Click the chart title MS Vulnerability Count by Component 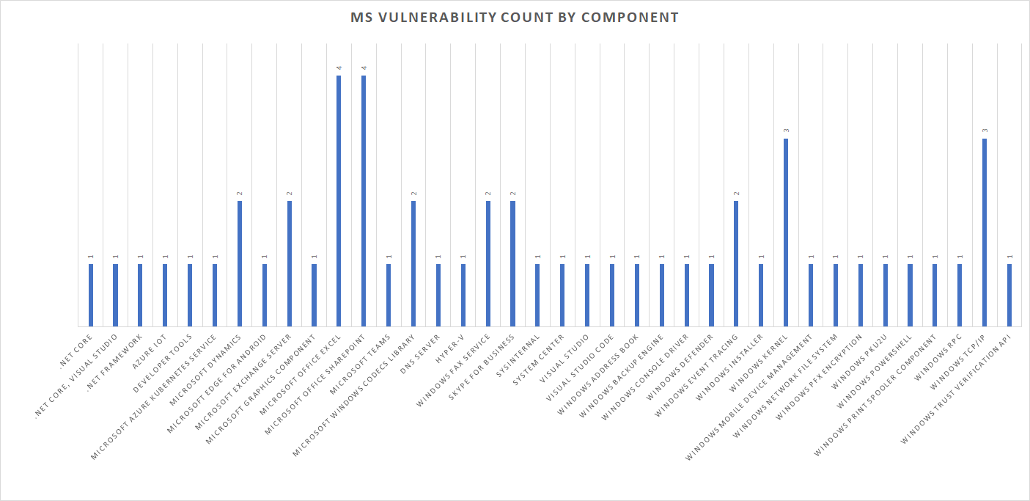pyautogui.click(x=515, y=18)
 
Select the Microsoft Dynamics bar pyautogui.click(x=240, y=263)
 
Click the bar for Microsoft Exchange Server pyautogui.click(x=290, y=263)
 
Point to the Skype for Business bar pyautogui.click(x=512, y=263)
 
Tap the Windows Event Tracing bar pyautogui.click(x=736, y=263)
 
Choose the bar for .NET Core pyautogui.click(x=91, y=295)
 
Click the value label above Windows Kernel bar pyautogui.click(x=786, y=131)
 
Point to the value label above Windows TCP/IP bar pyautogui.click(x=985, y=131)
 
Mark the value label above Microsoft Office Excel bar pyautogui.click(x=339, y=68)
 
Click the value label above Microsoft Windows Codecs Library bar pyautogui.click(x=413, y=194)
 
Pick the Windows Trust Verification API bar pyautogui.click(x=1009, y=295)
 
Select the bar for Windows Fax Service pyautogui.click(x=488, y=263)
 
